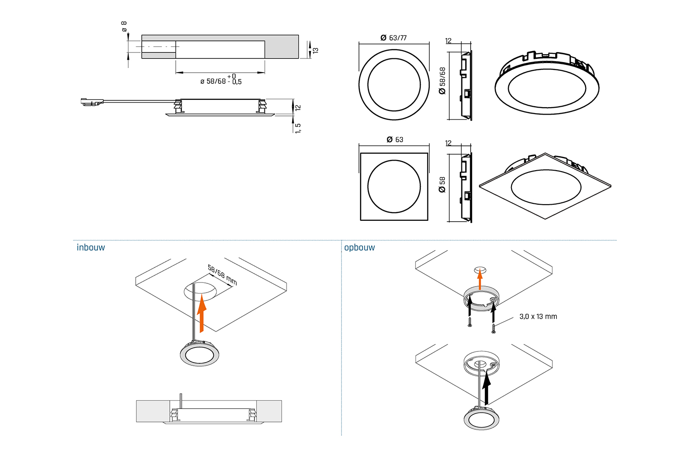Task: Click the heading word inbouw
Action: pyautogui.click(x=91, y=247)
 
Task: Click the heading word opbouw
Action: pyautogui.click(x=359, y=247)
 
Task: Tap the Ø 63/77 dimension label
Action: pyautogui.click(x=393, y=38)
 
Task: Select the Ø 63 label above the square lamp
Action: pyautogui.click(x=395, y=139)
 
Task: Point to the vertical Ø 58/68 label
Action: pyautogui.click(x=443, y=80)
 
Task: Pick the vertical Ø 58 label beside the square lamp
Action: pyautogui.click(x=443, y=184)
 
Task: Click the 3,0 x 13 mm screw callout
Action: pyautogui.click(x=538, y=316)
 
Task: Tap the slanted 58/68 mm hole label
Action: pyautogui.click(x=222, y=275)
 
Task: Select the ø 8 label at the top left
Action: pyautogui.click(x=124, y=26)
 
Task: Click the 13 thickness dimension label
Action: pyautogui.click(x=316, y=50)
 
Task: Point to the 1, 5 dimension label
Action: pyautogui.click(x=298, y=128)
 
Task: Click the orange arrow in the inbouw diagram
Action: pyautogui.click(x=201, y=314)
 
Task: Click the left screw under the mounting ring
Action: pyautogui.click(x=470, y=322)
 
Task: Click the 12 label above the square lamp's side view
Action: pyautogui.click(x=448, y=143)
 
